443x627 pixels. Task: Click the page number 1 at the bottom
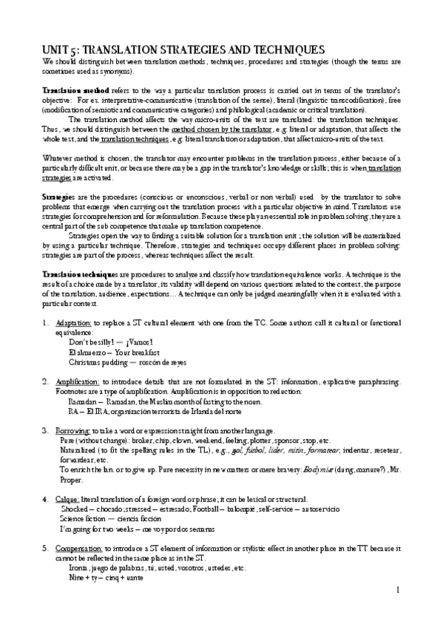(397, 590)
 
